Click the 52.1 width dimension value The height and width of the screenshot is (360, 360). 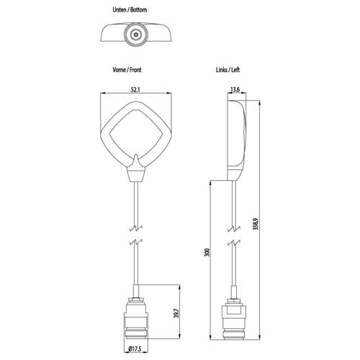[135, 90]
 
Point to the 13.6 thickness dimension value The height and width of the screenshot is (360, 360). [235, 90]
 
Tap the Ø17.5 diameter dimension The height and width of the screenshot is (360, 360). [136, 351]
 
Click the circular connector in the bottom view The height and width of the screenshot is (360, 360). [135, 34]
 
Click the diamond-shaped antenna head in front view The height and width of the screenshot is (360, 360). [135, 134]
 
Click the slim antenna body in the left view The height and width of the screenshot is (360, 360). [235, 137]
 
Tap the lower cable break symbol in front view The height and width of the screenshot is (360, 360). [135, 242]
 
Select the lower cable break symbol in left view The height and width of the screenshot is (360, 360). [235, 242]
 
